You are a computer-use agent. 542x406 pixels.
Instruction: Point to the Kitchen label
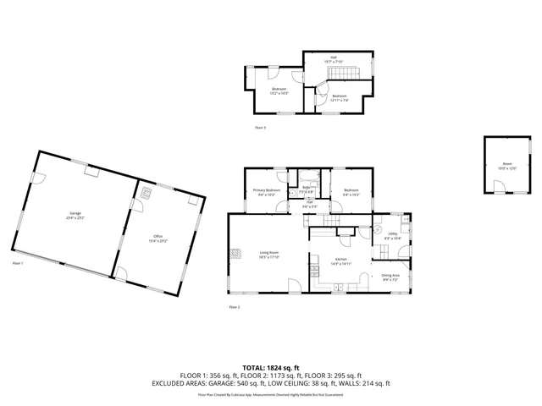[340, 262]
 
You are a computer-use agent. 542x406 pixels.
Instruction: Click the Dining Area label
[390, 277]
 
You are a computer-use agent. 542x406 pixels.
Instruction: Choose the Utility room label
[392, 239]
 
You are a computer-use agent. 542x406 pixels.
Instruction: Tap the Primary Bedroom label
[267, 192]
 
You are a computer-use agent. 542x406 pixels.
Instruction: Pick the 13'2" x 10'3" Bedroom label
[279, 91]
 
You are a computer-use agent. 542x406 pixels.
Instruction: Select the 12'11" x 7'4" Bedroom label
[340, 97]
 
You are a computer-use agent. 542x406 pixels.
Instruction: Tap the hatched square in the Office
[147, 192]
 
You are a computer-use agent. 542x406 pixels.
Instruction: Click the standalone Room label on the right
[506, 167]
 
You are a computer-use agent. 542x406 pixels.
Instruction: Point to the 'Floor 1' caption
[18, 263]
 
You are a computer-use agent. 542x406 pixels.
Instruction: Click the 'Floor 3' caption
[260, 128]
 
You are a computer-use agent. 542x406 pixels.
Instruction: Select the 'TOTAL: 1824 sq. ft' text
[271, 368]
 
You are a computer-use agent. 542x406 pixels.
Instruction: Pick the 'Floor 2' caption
[234, 306]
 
